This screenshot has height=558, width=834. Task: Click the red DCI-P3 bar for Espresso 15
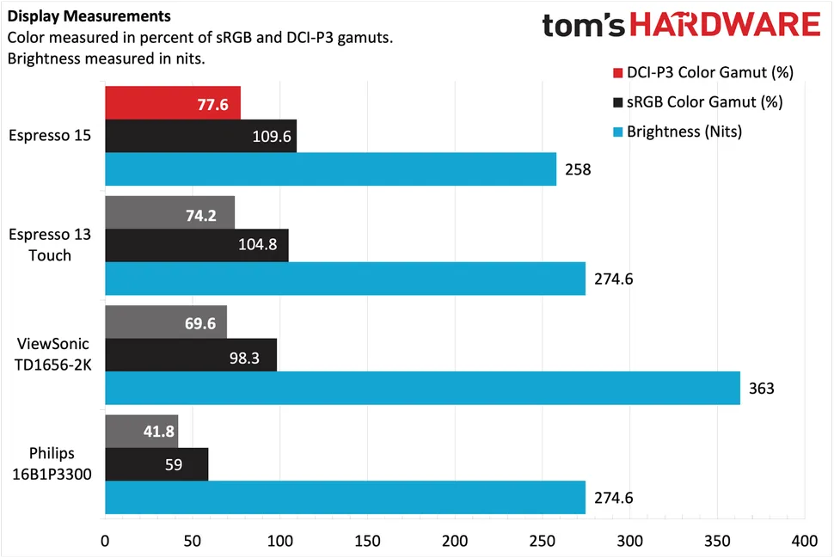point(172,102)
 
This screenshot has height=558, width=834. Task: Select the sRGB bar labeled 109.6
point(200,136)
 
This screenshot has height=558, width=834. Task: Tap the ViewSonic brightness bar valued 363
point(421,388)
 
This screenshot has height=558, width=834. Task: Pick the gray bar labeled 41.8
point(141,431)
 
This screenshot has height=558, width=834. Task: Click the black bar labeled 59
point(156,464)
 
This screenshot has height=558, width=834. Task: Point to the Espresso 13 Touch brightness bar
point(344,278)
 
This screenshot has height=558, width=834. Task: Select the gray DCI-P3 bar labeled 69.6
point(165,322)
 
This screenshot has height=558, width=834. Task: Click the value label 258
point(578,169)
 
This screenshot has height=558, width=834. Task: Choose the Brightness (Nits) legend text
point(684,132)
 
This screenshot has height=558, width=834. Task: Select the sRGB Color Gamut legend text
point(704,102)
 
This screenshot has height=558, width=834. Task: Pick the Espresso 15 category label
point(49,135)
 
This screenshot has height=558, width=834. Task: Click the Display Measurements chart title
point(89,16)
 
